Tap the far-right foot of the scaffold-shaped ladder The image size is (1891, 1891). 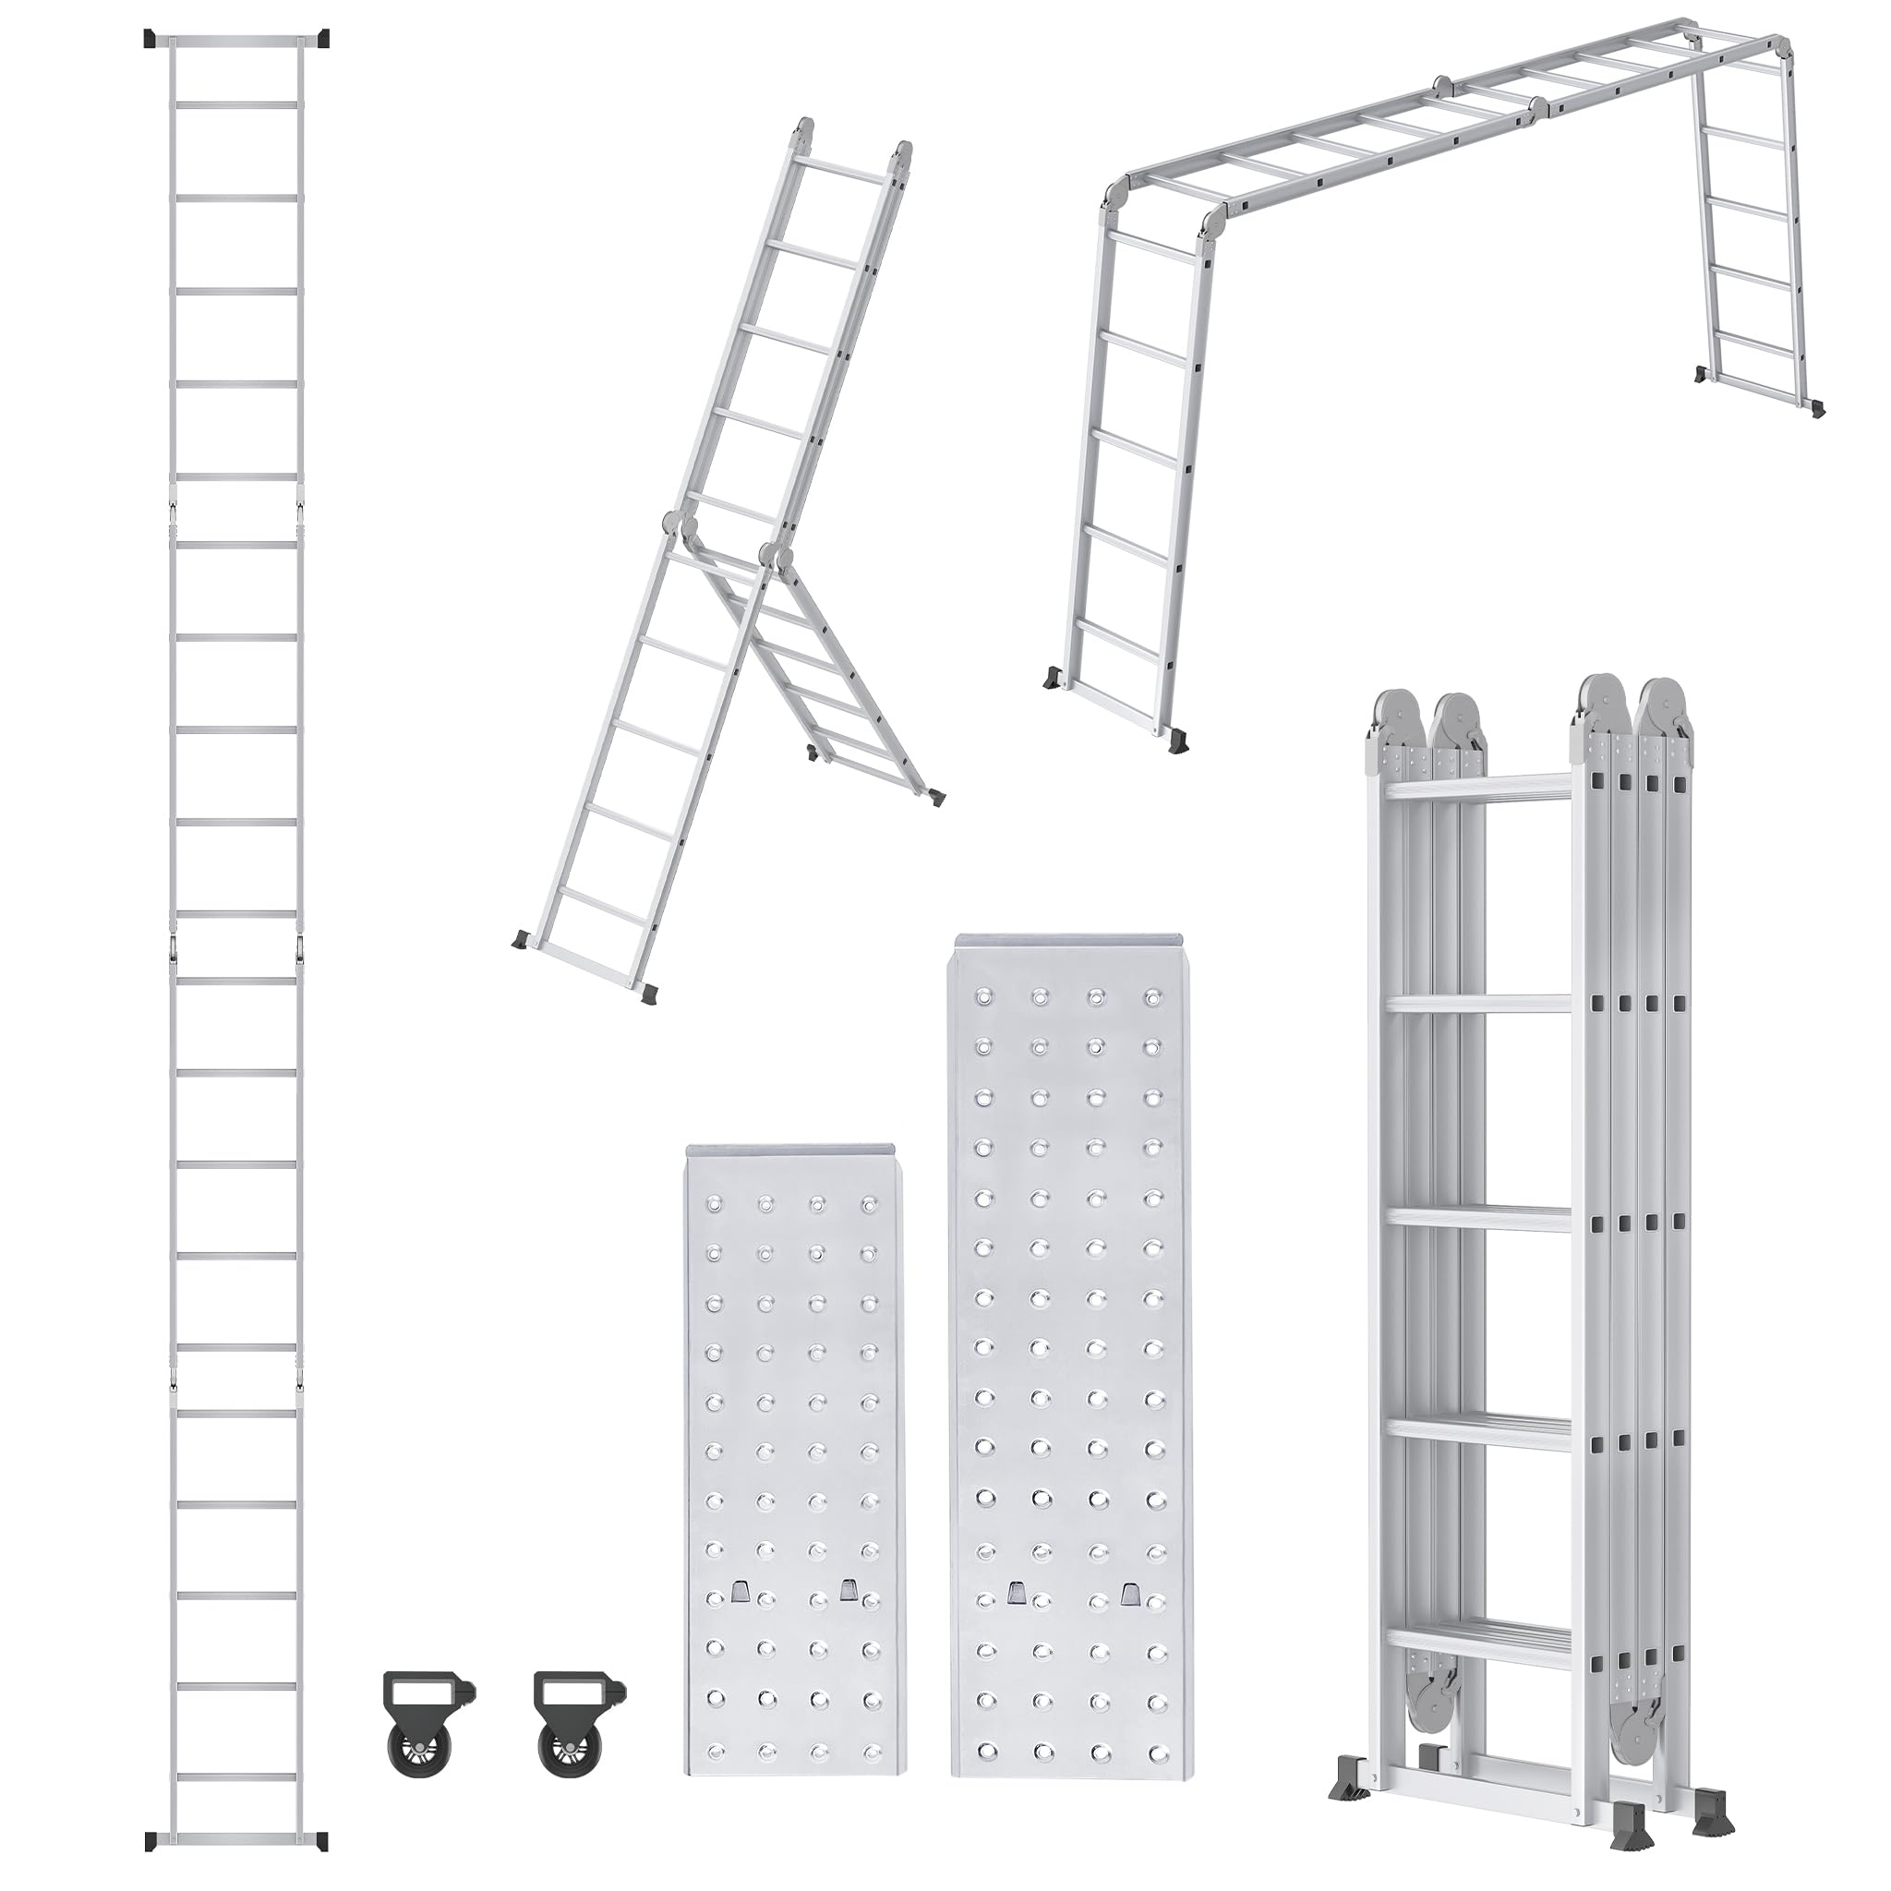[1817, 407]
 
